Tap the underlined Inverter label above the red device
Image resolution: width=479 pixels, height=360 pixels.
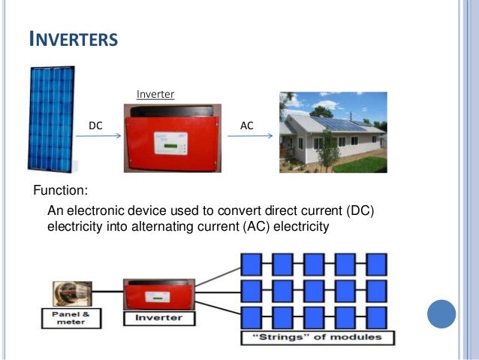coord(155,95)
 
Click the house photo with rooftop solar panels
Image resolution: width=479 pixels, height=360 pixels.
coord(333,132)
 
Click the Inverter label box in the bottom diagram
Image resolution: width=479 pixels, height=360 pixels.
coord(159,318)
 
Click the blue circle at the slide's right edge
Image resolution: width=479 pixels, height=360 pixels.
coord(441,313)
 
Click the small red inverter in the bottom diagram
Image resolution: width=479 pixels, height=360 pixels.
coord(158,294)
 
